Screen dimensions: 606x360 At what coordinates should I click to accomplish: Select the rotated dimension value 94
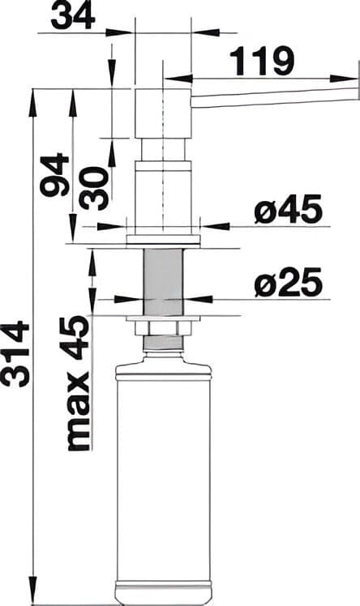pos(56,174)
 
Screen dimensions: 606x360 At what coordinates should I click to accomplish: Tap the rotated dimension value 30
pos(94,188)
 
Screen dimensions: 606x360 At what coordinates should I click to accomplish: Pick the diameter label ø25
pos(287,283)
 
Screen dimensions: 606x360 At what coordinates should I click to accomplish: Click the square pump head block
pos(163,113)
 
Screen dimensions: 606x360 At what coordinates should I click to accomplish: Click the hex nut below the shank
pos(163,326)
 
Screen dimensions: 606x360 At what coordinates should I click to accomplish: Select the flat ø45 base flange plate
pos(163,240)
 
